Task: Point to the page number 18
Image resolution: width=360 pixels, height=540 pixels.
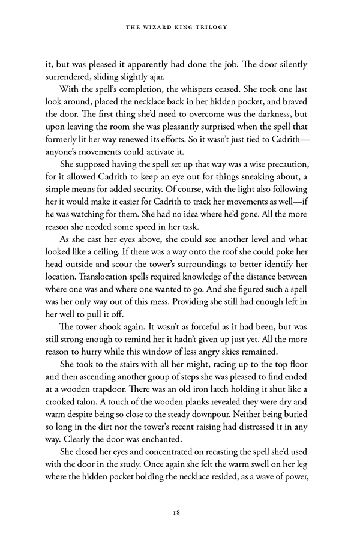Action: tap(180, 513)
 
